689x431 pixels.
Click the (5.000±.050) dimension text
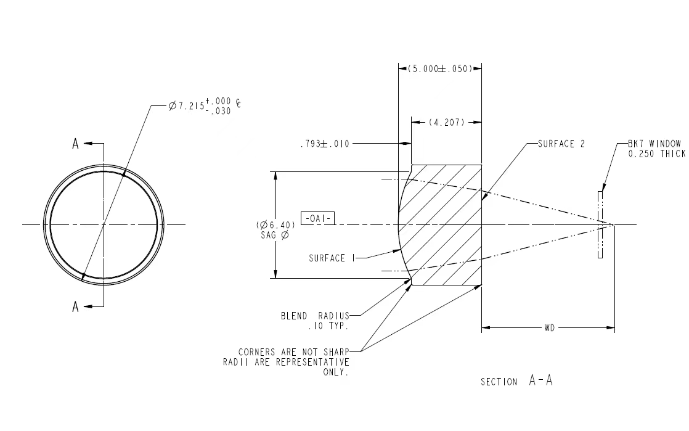(440, 68)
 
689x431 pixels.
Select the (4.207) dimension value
(446, 122)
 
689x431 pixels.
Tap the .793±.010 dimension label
(325, 144)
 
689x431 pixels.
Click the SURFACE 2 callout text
(561, 144)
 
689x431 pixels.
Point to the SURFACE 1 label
(332, 258)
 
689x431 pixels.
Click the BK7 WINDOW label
(654, 144)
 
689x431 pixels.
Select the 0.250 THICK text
(657, 154)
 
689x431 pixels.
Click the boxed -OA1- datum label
(318, 218)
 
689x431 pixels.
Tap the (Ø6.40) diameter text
(275, 225)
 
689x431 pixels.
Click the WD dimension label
(549, 327)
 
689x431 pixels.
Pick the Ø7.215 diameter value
(186, 106)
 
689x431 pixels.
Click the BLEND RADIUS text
(315, 316)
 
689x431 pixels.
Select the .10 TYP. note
(328, 326)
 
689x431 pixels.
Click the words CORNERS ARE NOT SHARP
(293, 352)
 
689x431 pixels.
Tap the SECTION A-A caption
(516, 380)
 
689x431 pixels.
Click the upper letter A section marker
(76, 144)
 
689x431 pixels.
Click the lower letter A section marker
(76, 306)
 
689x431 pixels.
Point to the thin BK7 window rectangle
(600, 224)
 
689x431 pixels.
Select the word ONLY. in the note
(336, 372)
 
